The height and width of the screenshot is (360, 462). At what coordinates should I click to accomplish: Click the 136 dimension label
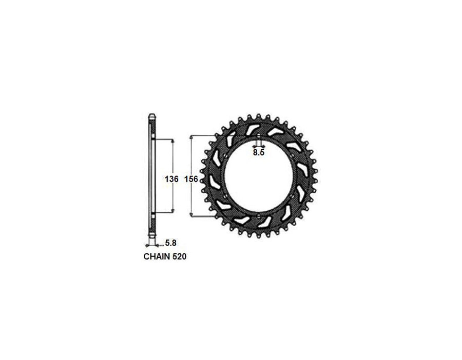pos(171,178)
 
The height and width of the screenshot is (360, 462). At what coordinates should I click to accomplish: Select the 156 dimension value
pos(191,178)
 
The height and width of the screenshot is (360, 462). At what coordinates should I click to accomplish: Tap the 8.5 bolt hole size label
pos(259,152)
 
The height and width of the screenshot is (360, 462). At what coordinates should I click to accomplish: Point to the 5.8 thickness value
pos(170,243)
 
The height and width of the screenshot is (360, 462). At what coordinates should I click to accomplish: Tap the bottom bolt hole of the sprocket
pos(259,216)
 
